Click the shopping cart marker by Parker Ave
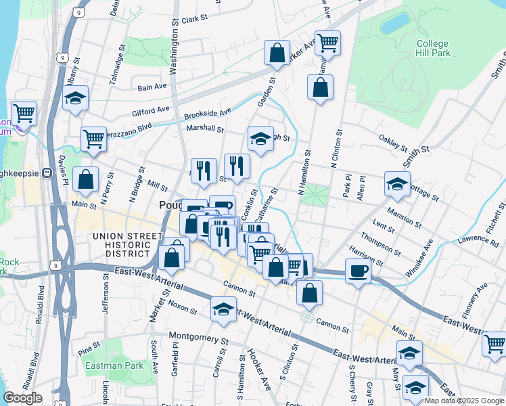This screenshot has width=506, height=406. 327,43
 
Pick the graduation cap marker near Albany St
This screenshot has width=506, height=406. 76,98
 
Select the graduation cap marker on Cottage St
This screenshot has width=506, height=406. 397,183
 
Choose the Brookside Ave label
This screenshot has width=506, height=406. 208,111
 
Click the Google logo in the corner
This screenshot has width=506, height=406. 22,397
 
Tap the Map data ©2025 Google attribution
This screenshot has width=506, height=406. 464,401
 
